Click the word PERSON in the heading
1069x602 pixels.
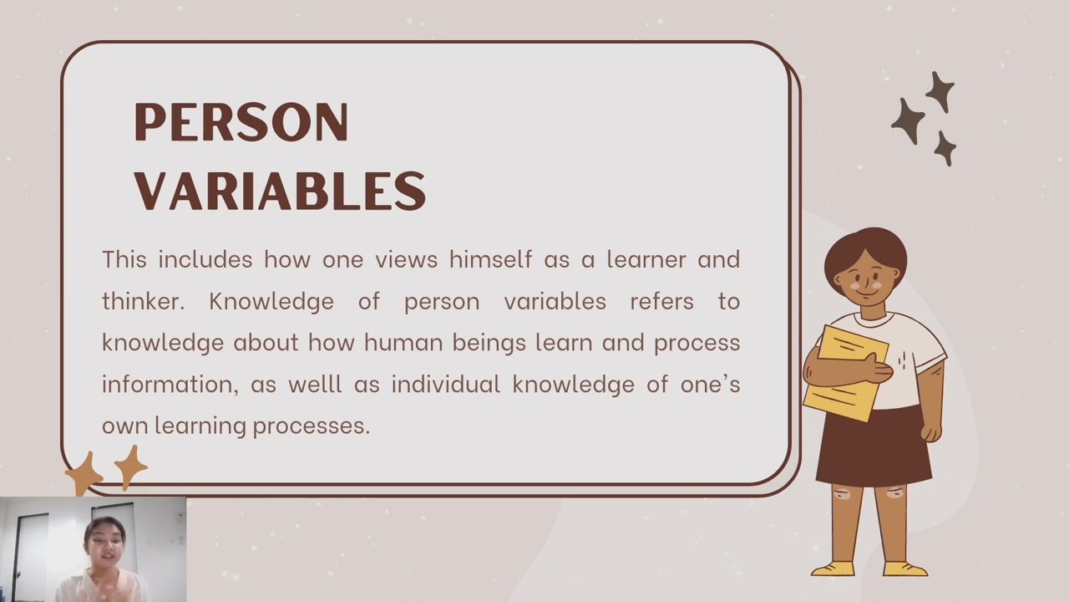tap(241, 123)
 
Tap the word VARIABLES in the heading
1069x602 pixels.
tap(280, 190)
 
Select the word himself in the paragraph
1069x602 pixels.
tap(490, 259)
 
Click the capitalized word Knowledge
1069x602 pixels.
tap(271, 301)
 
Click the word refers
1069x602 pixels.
tap(661, 301)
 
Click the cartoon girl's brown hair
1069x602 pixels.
tap(864, 247)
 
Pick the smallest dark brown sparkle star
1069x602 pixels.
tap(945, 148)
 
